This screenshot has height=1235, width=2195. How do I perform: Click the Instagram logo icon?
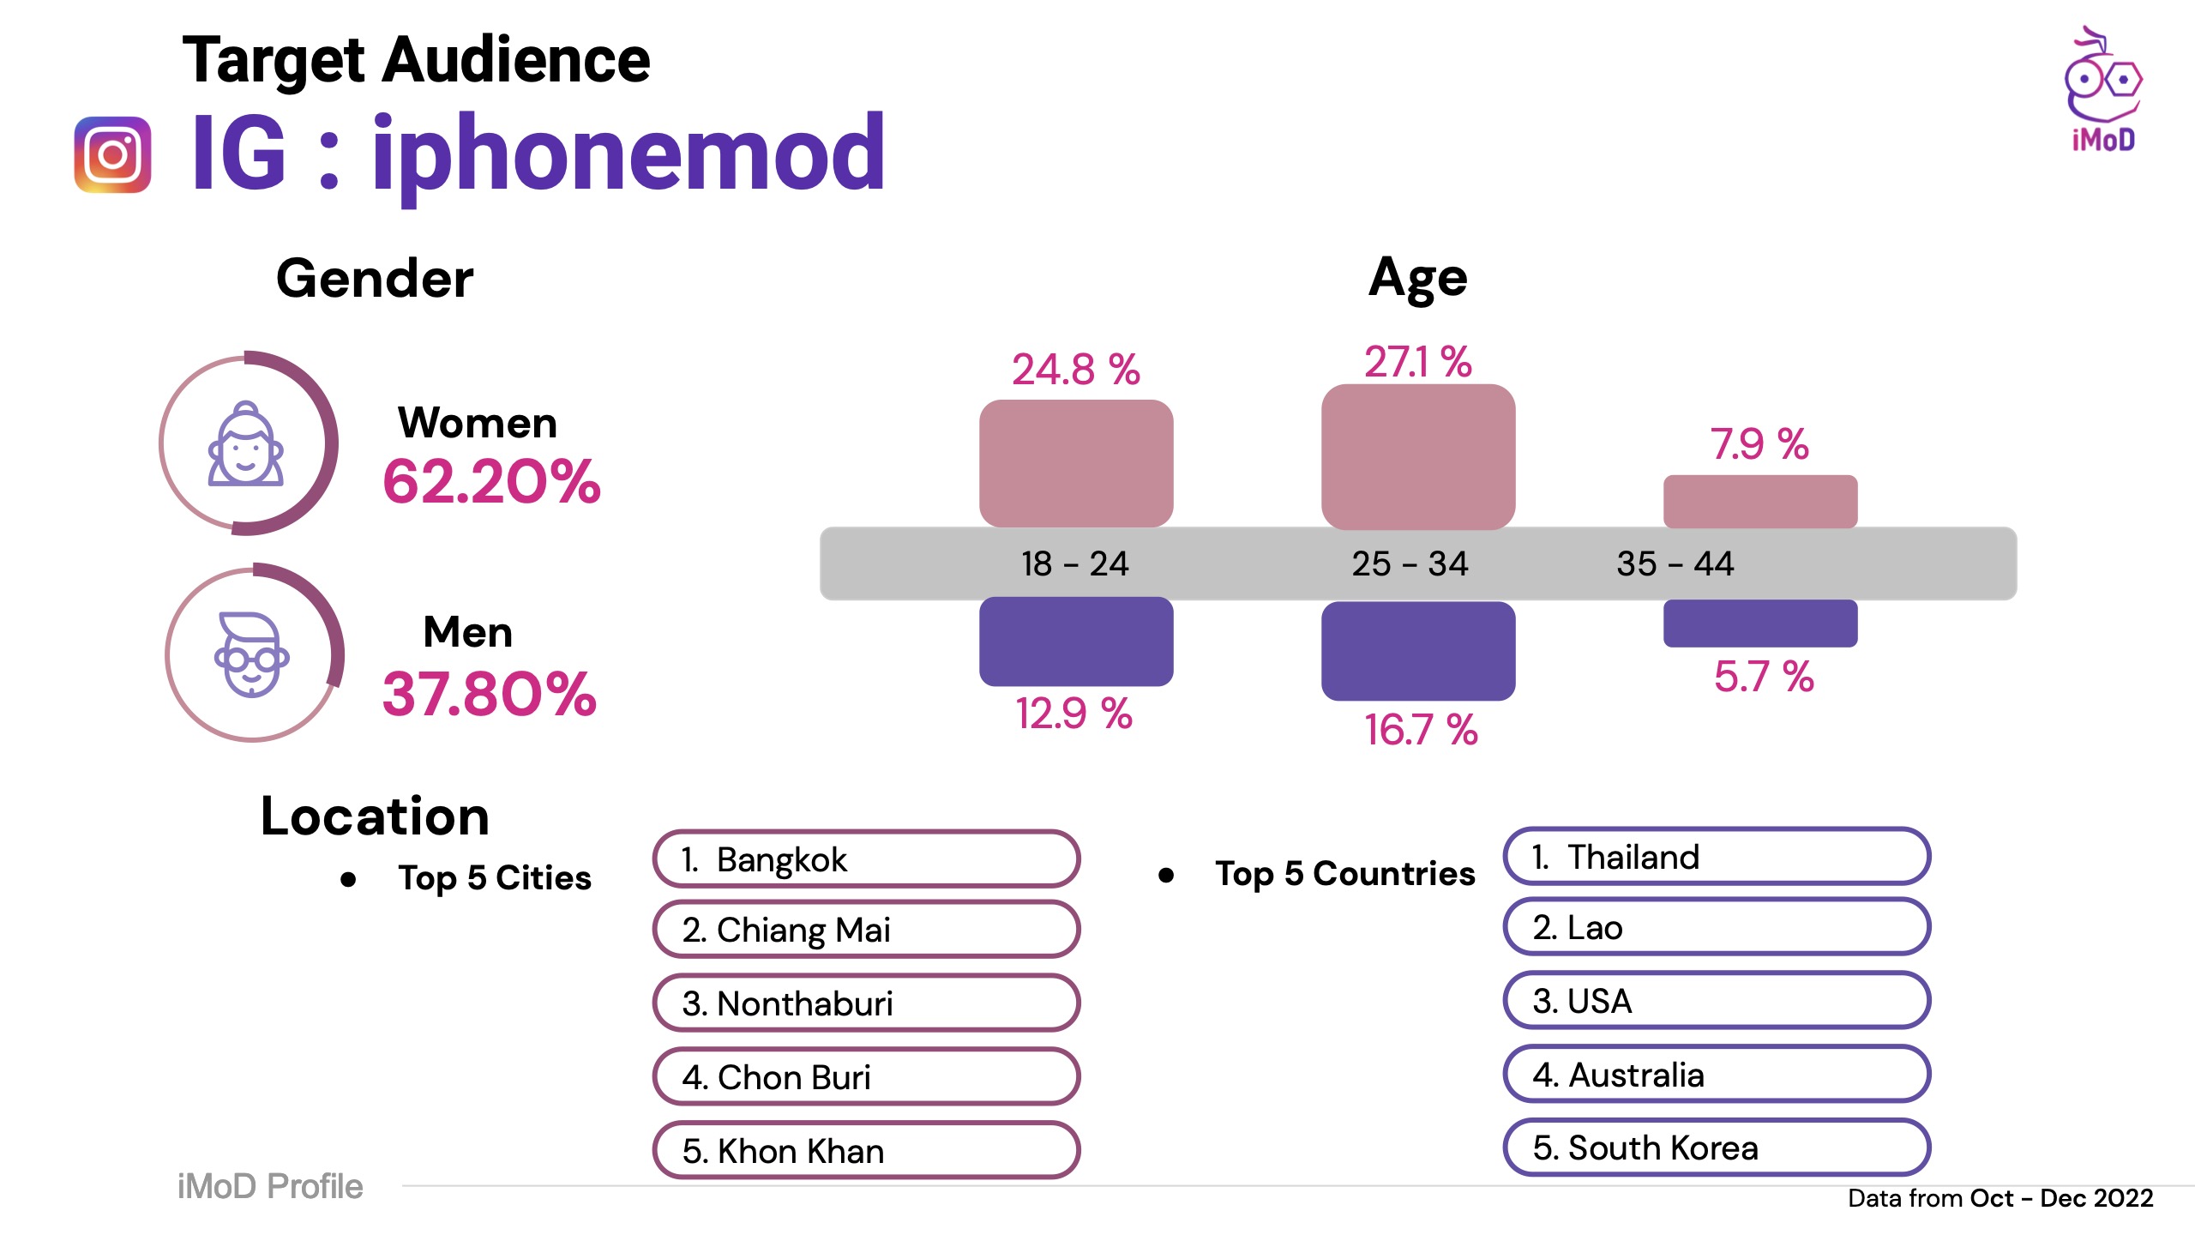(x=112, y=154)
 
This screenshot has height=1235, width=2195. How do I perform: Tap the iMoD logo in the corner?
(x=2102, y=91)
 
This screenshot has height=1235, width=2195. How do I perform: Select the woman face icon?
(x=246, y=444)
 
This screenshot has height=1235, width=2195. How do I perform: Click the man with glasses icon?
(x=251, y=655)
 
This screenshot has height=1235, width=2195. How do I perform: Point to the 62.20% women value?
(x=491, y=481)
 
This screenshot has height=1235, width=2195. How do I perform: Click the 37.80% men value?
(x=489, y=693)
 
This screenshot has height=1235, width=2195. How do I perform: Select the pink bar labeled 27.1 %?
(x=1418, y=456)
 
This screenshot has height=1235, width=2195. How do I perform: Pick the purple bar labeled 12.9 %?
(x=1076, y=642)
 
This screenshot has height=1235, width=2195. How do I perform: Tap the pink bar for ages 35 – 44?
(x=1759, y=502)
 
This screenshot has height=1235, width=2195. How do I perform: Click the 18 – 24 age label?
(x=1074, y=563)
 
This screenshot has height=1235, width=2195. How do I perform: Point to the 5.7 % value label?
(x=1764, y=677)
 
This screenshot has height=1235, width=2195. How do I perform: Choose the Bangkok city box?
(x=866, y=859)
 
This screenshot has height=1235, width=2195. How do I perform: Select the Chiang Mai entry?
(x=866, y=930)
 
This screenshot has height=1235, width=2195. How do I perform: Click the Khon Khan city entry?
(x=866, y=1150)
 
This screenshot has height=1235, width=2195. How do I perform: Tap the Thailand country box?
(x=1717, y=857)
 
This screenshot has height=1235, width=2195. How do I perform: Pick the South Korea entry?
(x=1717, y=1148)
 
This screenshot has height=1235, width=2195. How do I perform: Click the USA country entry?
(x=1717, y=1001)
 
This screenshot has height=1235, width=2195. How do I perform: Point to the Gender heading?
(x=375, y=279)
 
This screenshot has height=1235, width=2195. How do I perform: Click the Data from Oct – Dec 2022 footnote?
(x=2000, y=1198)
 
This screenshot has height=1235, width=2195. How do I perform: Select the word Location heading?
(x=375, y=816)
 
